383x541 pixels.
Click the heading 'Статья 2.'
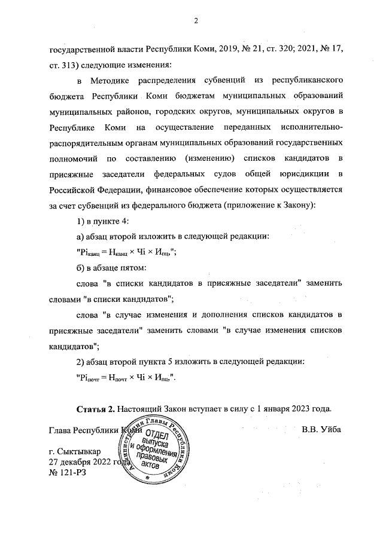[x=96, y=409]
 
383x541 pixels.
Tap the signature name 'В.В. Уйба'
[x=321, y=430]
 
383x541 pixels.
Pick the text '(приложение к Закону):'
[x=268, y=205]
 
